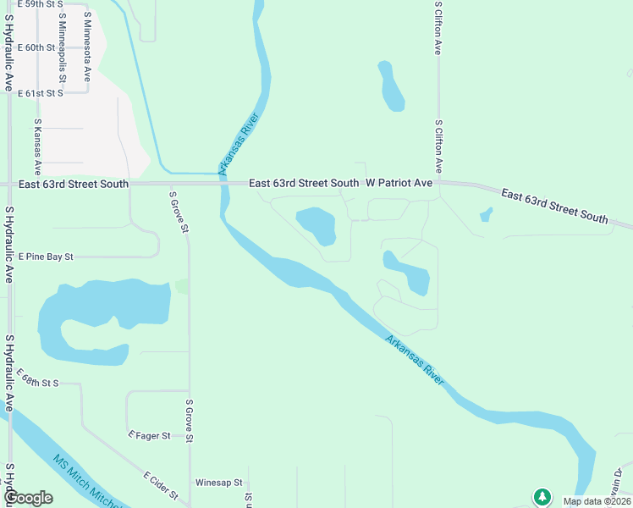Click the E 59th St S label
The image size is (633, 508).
pyautogui.click(x=41, y=4)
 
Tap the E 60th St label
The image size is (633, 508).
pyautogui.click(x=36, y=47)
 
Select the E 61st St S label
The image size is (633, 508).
pyautogui.click(x=41, y=92)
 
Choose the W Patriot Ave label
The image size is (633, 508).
pyautogui.click(x=399, y=183)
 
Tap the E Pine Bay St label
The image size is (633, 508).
pyautogui.click(x=47, y=256)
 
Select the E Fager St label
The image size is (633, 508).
pyautogui.click(x=150, y=435)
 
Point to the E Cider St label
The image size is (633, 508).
pyautogui.click(x=160, y=485)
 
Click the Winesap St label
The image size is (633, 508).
pyautogui.click(x=218, y=483)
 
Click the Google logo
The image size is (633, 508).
pyautogui.click(x=28, y=498)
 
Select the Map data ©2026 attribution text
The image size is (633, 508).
pyautogui.click(x=597, y=501)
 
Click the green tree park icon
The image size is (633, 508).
pyautogui.click(x=542, y=496)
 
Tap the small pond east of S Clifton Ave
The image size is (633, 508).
pyautogui.click(x=486, y=214)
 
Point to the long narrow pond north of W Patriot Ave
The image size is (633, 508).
pyautogui.click(x=392, y=86)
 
